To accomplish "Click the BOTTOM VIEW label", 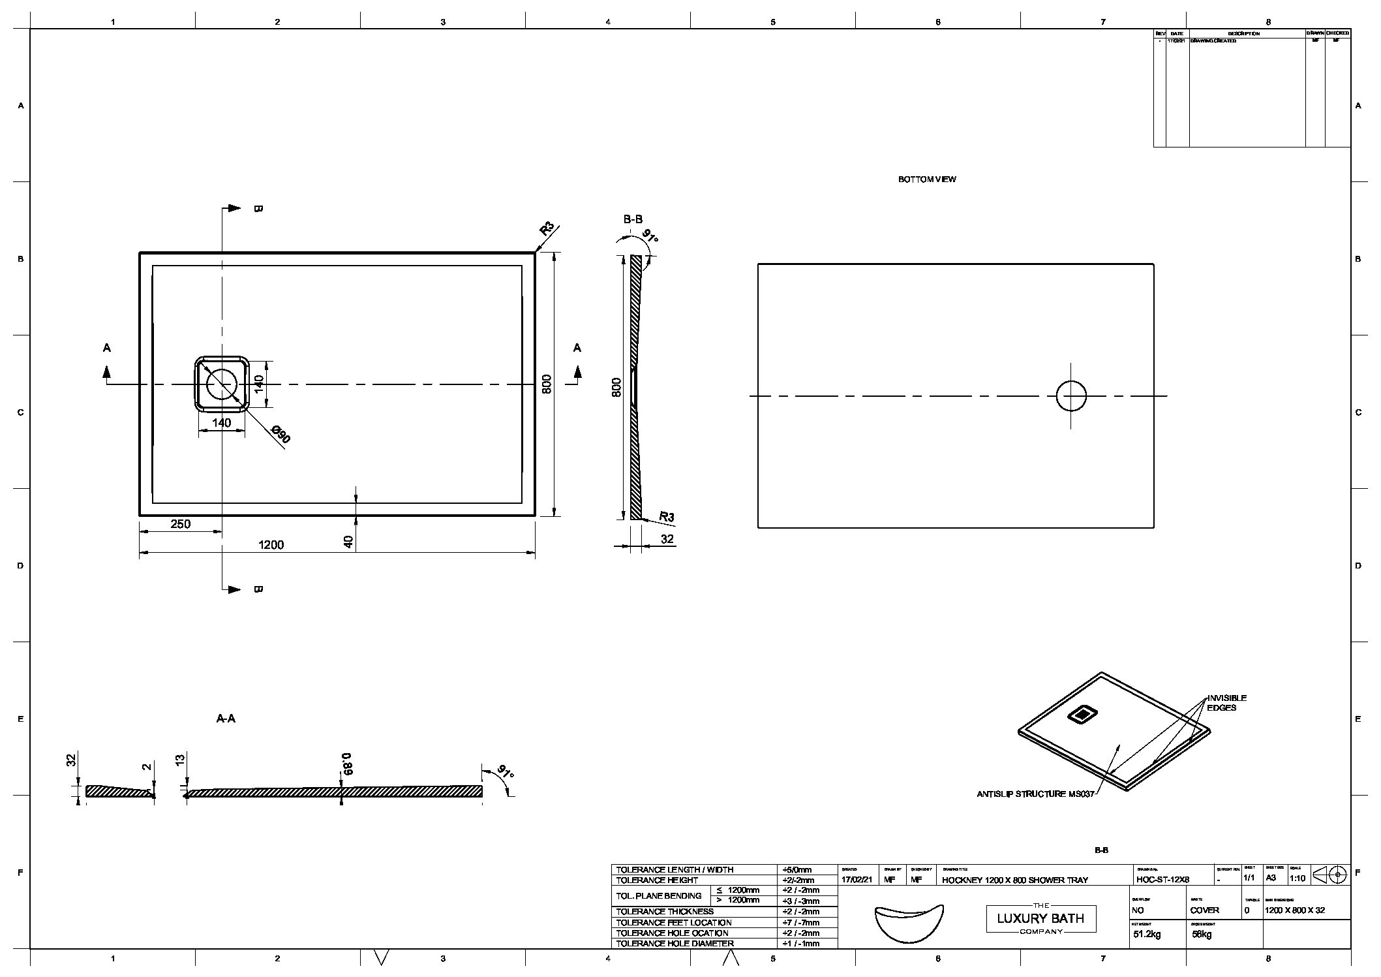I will click(x=926, y=179).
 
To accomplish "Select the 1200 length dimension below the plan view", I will click(x=271, y=545).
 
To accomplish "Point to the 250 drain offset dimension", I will click(x=180, y=524).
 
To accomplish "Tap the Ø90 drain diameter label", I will click(x=281, y=435).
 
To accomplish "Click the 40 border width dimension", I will click(x=348, y=542).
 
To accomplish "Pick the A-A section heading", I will click(x=226, y=719).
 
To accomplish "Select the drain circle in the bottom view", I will click(x=1071, y=396).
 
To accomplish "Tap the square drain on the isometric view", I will click(x=1082, y=715).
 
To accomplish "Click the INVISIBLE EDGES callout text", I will click(x=1226, y=703).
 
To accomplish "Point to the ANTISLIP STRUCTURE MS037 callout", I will click(x=1035, y=794).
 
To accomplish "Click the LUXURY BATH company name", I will click(x=1040, y=918).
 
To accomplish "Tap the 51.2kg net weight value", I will click(x=1147, y=935).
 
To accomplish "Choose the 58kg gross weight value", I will click(x=1201, y=935).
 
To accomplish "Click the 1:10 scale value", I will click(x=1298, y=878).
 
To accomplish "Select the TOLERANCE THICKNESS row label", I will click(x=665, y=911).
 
